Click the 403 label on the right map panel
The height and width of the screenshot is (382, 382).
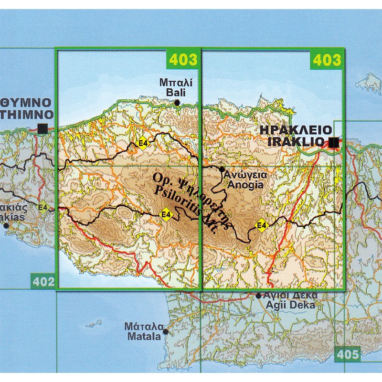(x=328, y=60)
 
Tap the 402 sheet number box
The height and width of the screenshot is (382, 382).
(x=44, y=282)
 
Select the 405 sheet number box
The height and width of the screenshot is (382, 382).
(x=347, y=355)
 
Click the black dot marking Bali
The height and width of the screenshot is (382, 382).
(x=177, y=102)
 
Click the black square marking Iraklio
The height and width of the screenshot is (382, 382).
(x=334, y=142)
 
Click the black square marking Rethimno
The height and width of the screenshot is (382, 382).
(x=42, y=128)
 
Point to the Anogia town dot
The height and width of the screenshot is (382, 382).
(x=222, y=170)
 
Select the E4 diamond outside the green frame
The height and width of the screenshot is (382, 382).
(x=43, y=207)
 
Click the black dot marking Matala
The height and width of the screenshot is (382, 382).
(x=166, y=331)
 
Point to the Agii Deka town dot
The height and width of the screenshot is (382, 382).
(x=259, y=296)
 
